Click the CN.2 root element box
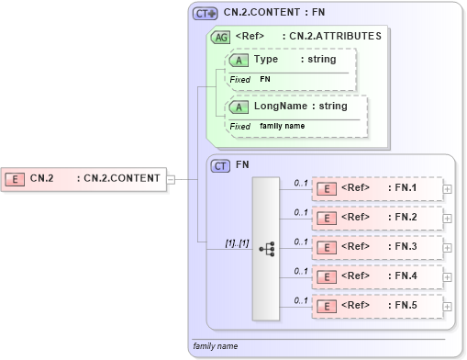coord(83,178)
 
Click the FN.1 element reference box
coord(377,188)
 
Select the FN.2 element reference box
coord(377,218)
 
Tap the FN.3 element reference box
coord(377,247)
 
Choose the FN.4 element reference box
coord(377,276)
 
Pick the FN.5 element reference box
coord(377,306)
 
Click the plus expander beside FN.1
coord(448,188)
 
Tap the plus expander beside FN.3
coord(448,247)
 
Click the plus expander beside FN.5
coord(448,306)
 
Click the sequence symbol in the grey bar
coord(266,248)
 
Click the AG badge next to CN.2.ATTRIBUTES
coord(220,37)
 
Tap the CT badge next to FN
coord(220,165)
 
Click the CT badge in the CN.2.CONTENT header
coord(205,13)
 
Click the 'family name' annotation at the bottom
coord(216,346)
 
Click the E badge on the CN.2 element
coord(15,178)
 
